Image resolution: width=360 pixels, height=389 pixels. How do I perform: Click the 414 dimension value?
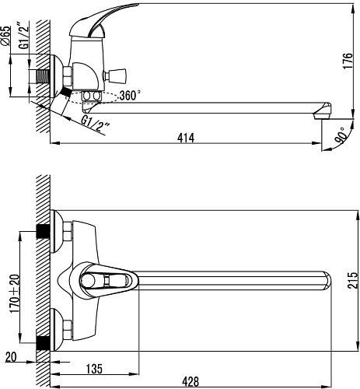point(186,138)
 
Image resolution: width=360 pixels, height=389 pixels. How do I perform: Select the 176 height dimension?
point(348,61)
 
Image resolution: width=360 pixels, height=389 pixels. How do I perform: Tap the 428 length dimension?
point(190,382)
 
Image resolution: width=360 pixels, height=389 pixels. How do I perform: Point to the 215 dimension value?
point(352,280)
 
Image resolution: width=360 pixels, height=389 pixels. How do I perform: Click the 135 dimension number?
point(94,369)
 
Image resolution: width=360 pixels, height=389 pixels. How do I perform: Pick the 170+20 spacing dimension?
point(15,293)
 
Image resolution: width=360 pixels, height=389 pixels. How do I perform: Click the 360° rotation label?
point(131,96)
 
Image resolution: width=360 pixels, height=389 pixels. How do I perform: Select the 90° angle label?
point(341,135)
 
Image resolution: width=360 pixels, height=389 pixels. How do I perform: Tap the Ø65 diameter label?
point(6,36)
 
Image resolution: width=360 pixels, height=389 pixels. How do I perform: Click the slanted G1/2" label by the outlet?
point(96,122)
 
